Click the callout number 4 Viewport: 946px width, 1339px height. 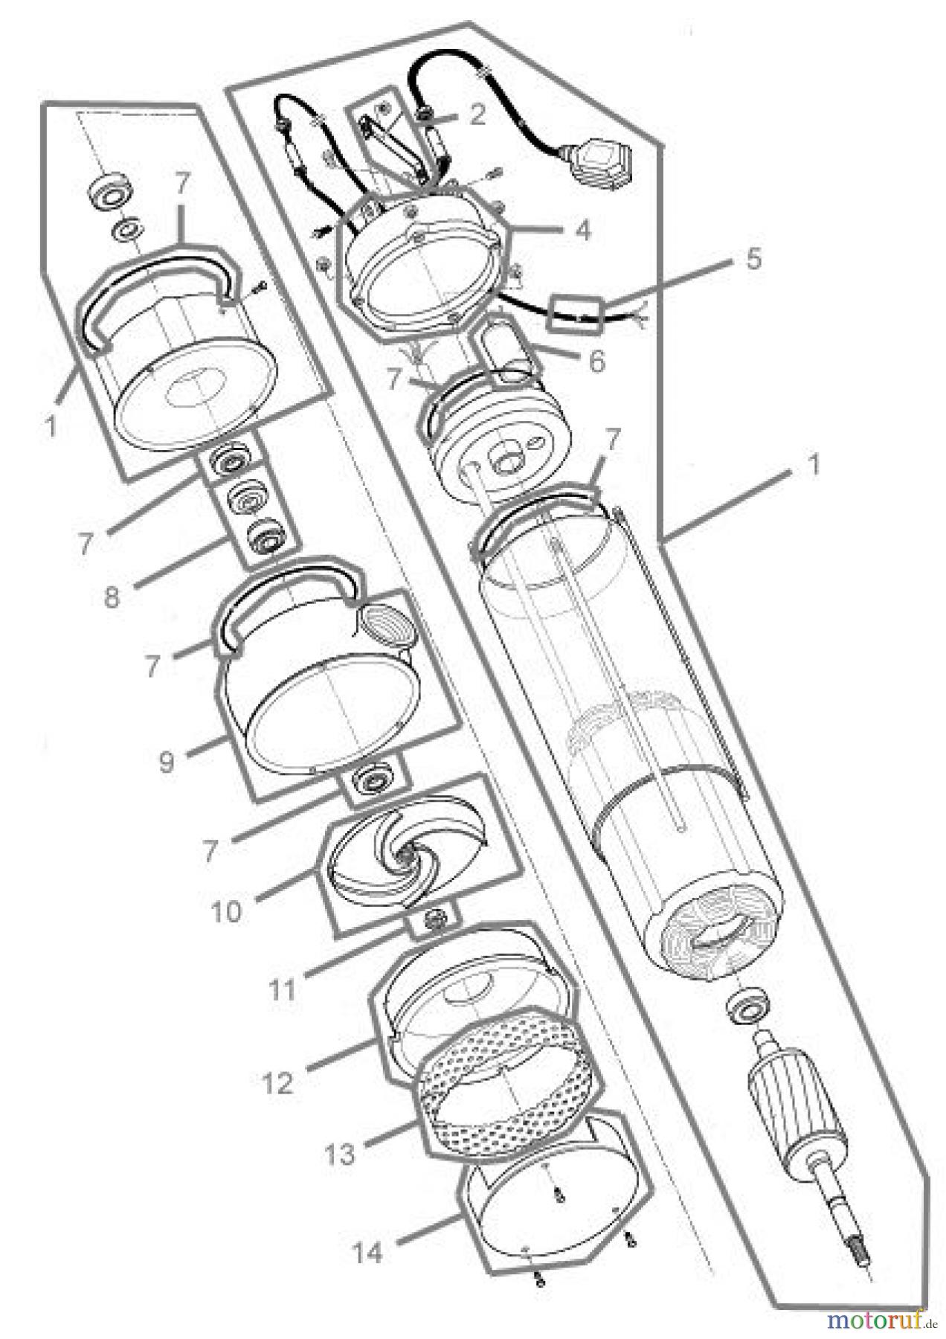coord(583,230)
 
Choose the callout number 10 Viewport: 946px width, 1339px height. coord(226,911)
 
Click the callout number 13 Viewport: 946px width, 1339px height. coord(339,1155)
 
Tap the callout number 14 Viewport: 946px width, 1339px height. coord(367,1252)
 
